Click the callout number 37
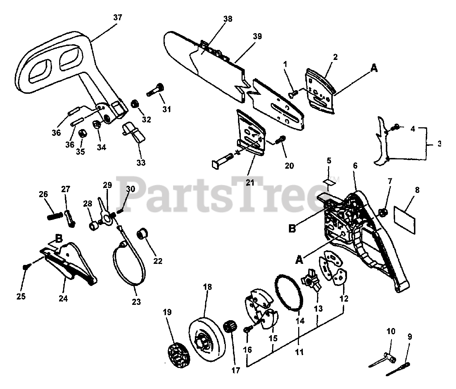pyautogui.click(x=117, y=17)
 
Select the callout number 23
pyautogui.click(x=136, y=302)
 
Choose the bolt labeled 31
pyautogui.click(x=155, y=90)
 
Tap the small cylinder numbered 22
pyautogui.click(x=143, y=236)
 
